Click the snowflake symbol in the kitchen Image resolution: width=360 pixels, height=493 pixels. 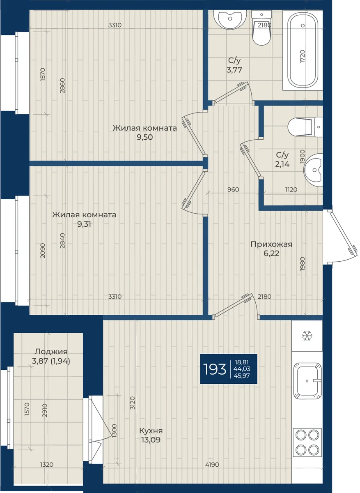point(307,336)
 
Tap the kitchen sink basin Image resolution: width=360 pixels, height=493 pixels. point(307,381)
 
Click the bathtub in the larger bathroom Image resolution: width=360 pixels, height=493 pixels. point(303,50)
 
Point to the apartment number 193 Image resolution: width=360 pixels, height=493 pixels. point(215,369)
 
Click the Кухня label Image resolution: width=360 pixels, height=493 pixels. point(151,431)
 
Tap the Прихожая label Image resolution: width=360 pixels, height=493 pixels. point(271,244)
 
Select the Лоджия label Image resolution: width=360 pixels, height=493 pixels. point(51,352)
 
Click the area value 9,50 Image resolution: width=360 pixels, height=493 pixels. point(145,137)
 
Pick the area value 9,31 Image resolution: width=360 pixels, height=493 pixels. point(84,224)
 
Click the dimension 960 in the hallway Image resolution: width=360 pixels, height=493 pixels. point(233,189)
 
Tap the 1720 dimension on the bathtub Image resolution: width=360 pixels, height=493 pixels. point(303,57)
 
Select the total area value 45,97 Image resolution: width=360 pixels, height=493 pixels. point(242,376)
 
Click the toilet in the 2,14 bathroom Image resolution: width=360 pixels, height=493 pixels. point(305,127)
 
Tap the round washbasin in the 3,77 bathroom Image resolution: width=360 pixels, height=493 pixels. point(230,19)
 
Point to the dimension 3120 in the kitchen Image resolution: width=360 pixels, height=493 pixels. point(133,403)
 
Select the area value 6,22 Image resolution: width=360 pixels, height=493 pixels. point(271,253)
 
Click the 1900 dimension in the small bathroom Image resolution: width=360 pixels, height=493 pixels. point(303,157)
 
